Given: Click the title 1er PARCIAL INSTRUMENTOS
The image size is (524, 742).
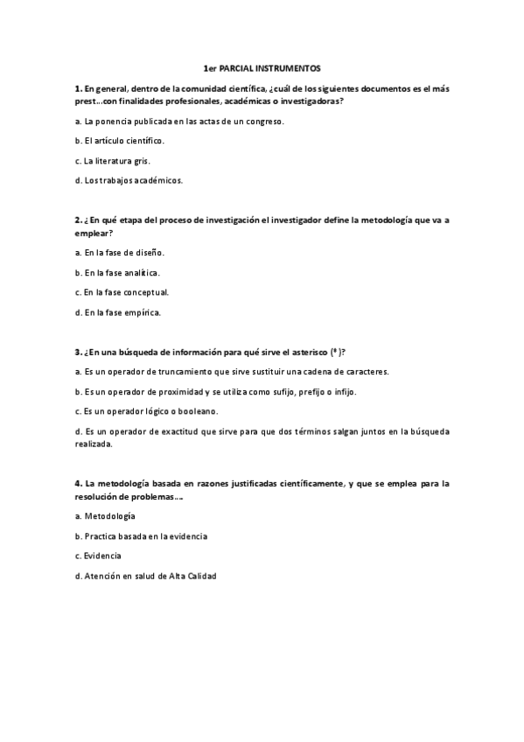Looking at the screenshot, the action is click(x=262, y=67).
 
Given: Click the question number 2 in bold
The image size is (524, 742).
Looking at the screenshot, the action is click(x=78, y=220).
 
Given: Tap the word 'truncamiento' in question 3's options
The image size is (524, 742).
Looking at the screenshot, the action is click(x=186, y=371).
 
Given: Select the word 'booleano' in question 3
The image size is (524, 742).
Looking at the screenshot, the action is click(x=198, y=410).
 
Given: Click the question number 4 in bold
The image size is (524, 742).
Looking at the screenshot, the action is click(x=78, y=483).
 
